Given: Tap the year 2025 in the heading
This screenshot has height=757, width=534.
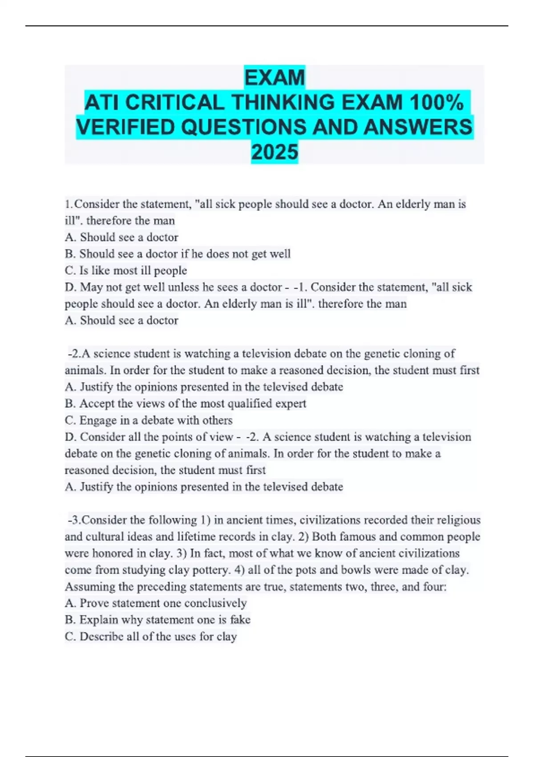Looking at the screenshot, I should (275, 152).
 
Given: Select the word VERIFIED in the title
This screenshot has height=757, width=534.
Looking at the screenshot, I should (126, 127).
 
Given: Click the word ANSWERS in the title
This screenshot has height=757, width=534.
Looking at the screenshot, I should (417, 127).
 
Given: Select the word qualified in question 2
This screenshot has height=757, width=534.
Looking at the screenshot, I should (250, 403).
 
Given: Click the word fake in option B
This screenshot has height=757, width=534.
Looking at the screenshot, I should (240, 620).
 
